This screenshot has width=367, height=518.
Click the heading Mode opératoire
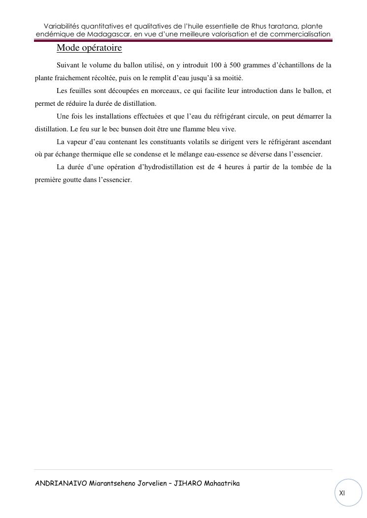pos(89,48)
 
